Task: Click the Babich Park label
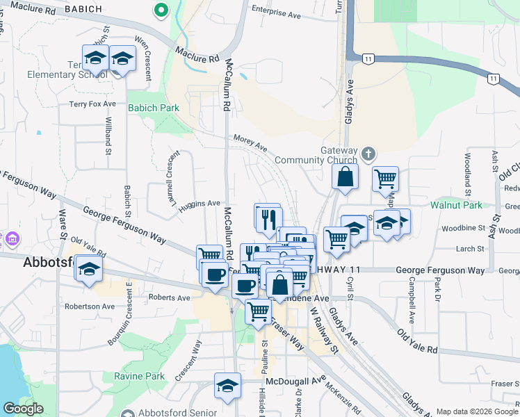[154, 108]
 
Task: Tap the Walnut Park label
[455, 205]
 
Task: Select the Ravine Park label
[139, 376]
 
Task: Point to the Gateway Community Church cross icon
[368, 153]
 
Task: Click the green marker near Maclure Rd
[161, 10]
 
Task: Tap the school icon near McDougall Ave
[227, 386]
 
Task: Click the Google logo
[22, 409]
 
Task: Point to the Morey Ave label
[250, 142]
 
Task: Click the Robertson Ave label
[88, 306]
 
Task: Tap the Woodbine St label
[462, 228]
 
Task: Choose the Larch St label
[471, 249]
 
